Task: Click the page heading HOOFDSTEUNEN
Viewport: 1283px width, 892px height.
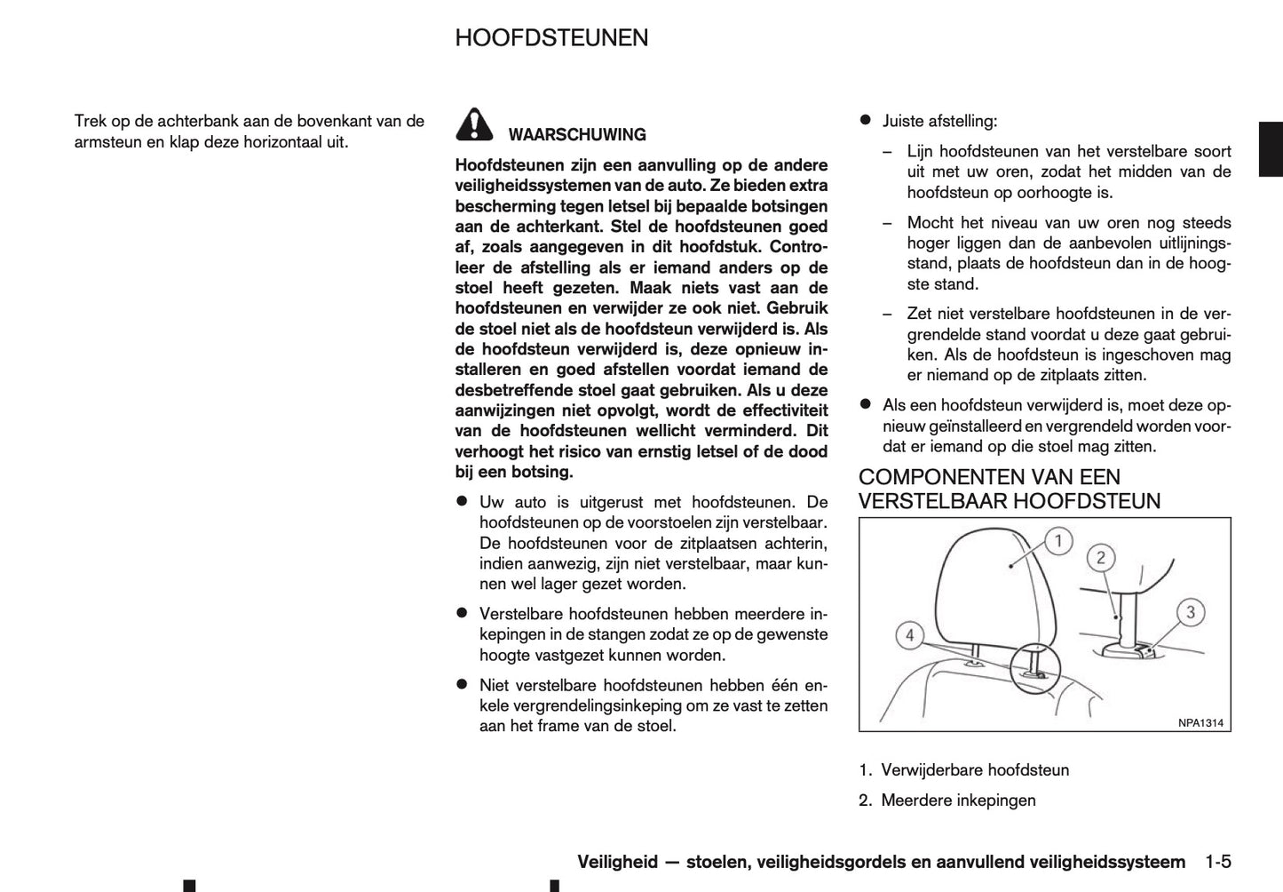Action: [x=551, y=38]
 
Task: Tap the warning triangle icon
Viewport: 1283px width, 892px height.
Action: [x=475, y=124]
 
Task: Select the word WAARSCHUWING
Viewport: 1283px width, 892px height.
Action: [x=577, y=135]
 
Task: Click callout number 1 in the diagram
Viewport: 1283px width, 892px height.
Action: [x=1057, y=540]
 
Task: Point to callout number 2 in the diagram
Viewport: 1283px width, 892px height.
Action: [x=1101, y=558]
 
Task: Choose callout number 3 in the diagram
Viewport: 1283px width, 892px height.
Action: [x=1191, y=611]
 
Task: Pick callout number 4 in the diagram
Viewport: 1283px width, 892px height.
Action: [x=908, y=635]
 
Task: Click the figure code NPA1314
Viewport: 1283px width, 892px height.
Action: [x=1200, y=722]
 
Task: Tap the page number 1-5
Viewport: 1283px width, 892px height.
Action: [x=1218, y=862]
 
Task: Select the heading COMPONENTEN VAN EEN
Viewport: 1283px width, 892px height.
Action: [x=989, y=477]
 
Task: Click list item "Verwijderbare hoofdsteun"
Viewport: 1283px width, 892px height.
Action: [x=974, y=770]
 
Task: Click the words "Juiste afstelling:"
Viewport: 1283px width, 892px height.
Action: [x=939, y=121]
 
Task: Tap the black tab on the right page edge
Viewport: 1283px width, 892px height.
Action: [x=1270, y=148]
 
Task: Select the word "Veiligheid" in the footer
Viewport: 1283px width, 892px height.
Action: [x=617, y=862]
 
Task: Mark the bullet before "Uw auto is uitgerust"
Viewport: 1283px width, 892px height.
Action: [x=462, y=502]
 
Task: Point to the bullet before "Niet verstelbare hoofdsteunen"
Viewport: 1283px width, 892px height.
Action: [x=462, y=685]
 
